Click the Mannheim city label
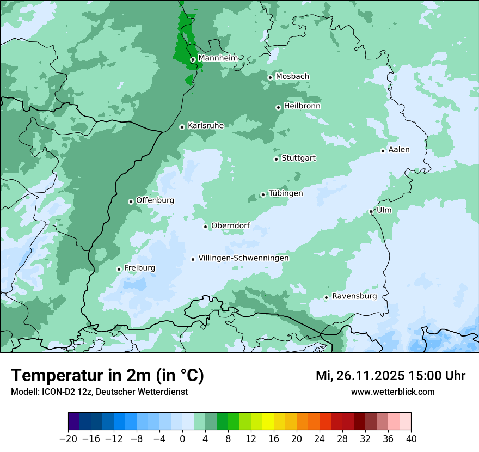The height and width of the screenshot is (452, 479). pyautogui.click(x=218, y=58)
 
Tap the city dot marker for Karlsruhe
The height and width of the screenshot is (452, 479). pyautogui.click(x=182, y=127)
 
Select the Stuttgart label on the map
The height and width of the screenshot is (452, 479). pyautogui.click(x=298, y=158)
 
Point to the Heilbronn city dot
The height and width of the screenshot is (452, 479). pyautogui.click(x=278, y=107)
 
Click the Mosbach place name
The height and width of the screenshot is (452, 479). pyautogui.click(x=292, y=77)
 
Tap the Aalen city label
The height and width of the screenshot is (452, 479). pyautogui.click(x=399, y=150)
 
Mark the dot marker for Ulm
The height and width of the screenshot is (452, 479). pyautogui.click(x=371, y=211)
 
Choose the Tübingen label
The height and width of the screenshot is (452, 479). pyautogui.click(x=286, y=193)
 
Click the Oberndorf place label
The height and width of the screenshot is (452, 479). pyautogui.click(x=230, y=225)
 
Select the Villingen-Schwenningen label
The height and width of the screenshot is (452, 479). pyautogui.click(x=243, y=258)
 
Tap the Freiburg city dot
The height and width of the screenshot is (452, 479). pyautogui.click(x=119, y=269)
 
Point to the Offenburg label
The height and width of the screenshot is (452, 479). pyautogui.click(x=155, y=200)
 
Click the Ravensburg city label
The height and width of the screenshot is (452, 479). pyautogui.click(x=354, y=296)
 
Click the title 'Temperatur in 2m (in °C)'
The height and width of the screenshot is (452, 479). pyautogui.click(x=107, y=376)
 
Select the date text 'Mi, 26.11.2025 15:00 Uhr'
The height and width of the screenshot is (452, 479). pyautogui.click(x=390, y=376)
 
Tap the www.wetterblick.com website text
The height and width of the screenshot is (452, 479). pyautogui.click(x=392, y=392)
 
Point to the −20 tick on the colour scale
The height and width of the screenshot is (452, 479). pyautogui.click(x=68, y=439)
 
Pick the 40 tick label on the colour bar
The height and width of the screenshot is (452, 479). pyautogui.click(x=411, y=439)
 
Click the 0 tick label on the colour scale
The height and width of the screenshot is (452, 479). pyautogui.click(x=182, y=439)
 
